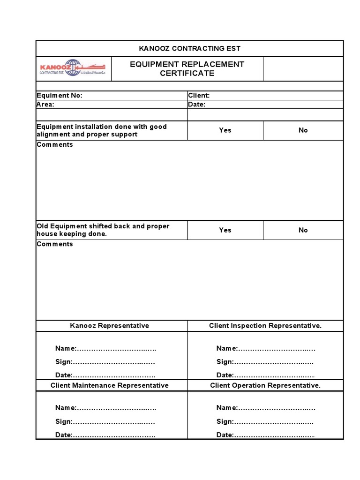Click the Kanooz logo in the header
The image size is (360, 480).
pyautogui.click(x=73, y=68)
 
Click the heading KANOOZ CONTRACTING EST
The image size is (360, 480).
pyautogui.click(x=189, y=49)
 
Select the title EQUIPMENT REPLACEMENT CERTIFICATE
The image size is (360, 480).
pyautogui.click(x=187, y=68)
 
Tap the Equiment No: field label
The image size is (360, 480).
pyautogui.click(x=60, y=95)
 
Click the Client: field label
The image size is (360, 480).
pyautogui.click(x=199, y=95)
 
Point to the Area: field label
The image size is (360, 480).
pyautogui.click(x=45, y=105)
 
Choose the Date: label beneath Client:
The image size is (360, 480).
pyautogui.click(x=197, y=105)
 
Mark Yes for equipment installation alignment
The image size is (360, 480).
pyautogui.click(x=225, y=130)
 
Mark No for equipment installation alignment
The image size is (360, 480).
pyautogui.click(x=303, y=130)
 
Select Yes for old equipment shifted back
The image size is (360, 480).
pyautogui.click(x=225, y=230)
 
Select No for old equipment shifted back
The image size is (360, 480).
pyautogui.click(x=303, y=230)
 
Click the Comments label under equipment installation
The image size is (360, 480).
pyautogui.click(x=55, y=144)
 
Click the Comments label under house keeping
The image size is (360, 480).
pyautogui.click(x=55, y=244)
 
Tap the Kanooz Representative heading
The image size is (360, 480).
pyautogui.click(x=110, y=326)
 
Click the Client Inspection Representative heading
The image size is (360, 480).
pyautogui.click(x=265, y=326)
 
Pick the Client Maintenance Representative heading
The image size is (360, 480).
pyautogui.click(x=110, y=385)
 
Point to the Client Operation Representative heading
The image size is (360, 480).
pyautogui.click(x=265, y=385)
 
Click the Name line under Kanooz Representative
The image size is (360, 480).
pyautogui.click(x=105, y=348)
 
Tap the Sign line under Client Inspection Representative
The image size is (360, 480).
pyautogui.click(x=265, y=362)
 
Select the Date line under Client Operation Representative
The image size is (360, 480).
pyautogui.click(x=265, y=435)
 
